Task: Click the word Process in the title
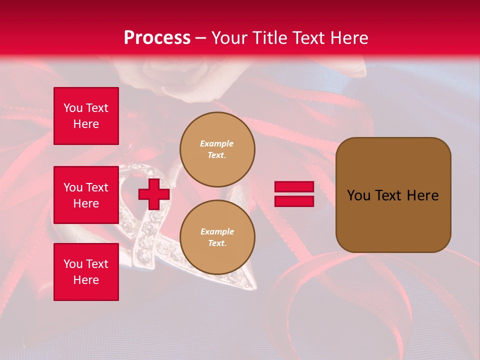tap(157, 38)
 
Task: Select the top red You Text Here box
tap(86, 116)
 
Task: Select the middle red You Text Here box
tap(86, 195)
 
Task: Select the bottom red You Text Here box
tap(86, 272)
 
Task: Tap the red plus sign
tap(154, 194)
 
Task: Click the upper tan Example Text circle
tap(217, 149)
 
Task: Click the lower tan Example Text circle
tap(217, 237)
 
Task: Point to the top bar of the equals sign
tap(294, 187)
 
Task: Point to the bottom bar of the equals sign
tap(294, 201)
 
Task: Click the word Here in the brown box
tap(422, 195)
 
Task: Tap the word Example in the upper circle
tap(217, 143)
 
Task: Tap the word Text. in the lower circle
tap(217, 243)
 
